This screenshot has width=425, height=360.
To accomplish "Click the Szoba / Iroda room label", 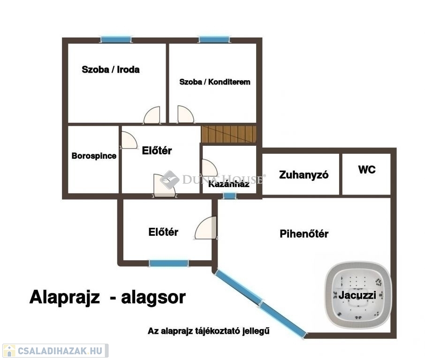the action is point(111,70).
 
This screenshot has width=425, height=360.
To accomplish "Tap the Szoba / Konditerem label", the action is point(215,82).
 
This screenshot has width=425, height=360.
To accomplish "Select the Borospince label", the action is point(94,156).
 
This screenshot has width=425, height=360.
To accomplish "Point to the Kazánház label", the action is point(229,184).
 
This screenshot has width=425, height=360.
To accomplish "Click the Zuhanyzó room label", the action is point(304,175).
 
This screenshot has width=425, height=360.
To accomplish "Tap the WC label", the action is point(367,170).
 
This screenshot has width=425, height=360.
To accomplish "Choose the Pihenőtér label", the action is point(304,234).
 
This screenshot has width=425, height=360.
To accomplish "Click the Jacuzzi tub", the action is point(358,295).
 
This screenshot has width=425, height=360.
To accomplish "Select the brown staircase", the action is point(228,134).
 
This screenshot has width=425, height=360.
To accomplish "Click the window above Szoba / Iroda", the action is point(116,39).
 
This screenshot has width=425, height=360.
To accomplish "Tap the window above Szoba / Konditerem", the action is point(214,39).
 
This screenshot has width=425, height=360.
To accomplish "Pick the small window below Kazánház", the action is point(229,195).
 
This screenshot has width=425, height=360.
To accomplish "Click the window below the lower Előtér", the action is point(168,263).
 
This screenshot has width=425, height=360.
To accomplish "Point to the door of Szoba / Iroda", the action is point(152,115).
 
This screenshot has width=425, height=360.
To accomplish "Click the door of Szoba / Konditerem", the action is point(186,114).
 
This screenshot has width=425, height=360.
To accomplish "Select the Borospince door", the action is point(129,140).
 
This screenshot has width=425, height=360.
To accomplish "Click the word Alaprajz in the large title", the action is point(65,298).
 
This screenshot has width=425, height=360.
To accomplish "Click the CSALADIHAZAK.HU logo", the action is point(55,351).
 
